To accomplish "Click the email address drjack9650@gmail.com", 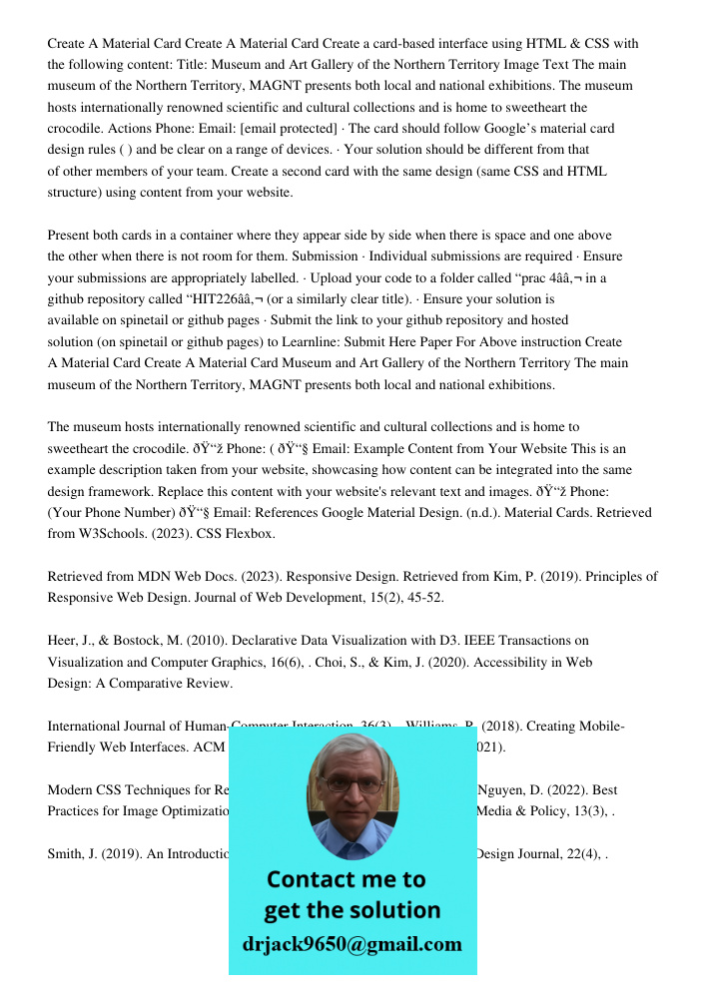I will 352,944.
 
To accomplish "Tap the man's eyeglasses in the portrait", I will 352,785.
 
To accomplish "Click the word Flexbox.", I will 249,534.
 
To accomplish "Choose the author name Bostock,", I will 154,641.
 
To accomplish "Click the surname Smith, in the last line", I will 70,854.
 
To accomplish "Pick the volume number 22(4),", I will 579,854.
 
